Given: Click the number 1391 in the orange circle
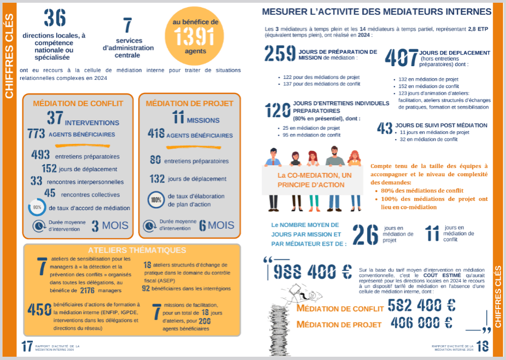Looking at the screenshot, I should tap(195, 37).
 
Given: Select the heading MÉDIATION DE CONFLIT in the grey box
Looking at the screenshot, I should tap(78, 103).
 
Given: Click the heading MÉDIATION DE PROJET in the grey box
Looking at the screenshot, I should tap(189, 103).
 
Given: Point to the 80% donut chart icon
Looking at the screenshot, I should tap(37, 208).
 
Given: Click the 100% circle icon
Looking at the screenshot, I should tap(156, 200).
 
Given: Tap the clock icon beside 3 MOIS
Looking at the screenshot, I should tap(39, 226).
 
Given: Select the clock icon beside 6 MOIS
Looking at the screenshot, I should tap(149, 226).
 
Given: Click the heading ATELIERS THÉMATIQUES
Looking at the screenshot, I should tap(144, 250).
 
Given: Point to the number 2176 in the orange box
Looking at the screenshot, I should tap(88, 291).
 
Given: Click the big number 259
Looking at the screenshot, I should tap(280, 54).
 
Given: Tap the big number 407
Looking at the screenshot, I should tap(402, 57).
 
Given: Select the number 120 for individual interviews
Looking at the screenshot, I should tap(277, 111).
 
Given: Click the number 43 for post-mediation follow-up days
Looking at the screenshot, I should tap(385, 128).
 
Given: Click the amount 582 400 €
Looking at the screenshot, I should tap(421, 305).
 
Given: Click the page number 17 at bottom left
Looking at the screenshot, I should tap(27, 346).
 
